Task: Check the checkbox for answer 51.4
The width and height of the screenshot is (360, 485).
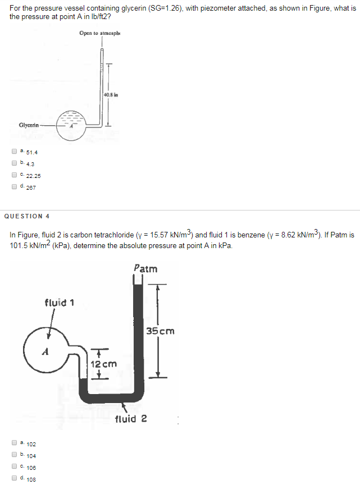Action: point(13,151)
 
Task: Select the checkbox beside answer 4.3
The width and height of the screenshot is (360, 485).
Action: point(13,163)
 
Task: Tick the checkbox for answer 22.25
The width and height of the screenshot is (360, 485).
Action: point(13,175)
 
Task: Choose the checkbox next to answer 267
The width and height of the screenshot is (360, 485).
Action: point(13,186)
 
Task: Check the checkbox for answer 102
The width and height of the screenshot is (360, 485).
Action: point(13,443)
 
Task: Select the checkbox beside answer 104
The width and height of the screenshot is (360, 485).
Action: point(13,455)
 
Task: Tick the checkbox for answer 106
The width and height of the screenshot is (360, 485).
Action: point(13,466)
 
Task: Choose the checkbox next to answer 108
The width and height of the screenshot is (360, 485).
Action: point(13,478)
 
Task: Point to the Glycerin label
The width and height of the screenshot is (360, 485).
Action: point(29,125)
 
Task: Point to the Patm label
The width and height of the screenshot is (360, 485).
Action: point(146,268)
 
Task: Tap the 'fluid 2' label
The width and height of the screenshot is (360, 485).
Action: point(131,419)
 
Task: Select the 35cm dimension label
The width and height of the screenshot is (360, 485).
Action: point(161,331)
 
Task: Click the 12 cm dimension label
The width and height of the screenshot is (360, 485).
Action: point(103,364)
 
